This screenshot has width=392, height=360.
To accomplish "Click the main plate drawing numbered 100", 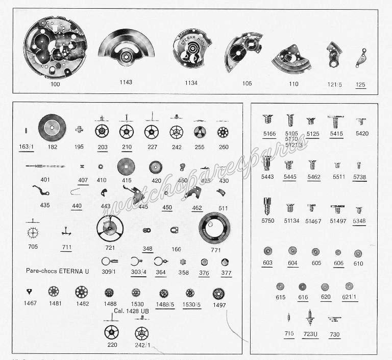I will click(x=56, y=47).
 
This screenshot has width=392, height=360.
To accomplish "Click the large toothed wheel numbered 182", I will click(x=52, y=128).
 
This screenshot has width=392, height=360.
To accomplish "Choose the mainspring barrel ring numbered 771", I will click(x=214, y=228).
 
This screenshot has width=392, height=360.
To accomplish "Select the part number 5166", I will click(x=269, y=134).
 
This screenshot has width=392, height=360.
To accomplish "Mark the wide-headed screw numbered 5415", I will click(x=336, y=122).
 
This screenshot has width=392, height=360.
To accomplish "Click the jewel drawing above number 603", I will click(x=267, y=251).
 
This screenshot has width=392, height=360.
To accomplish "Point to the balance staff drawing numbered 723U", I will click(x=309, y=318).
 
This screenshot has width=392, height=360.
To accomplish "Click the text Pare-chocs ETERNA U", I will click(x=57, y=271).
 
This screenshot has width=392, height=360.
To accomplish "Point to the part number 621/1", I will click(x=349, y=297).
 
